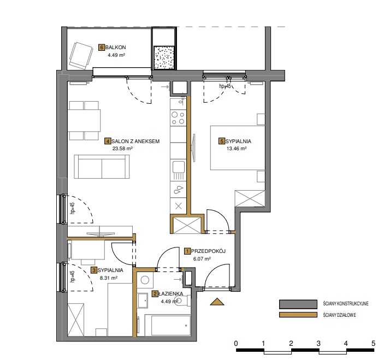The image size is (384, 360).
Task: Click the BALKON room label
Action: point(115,48)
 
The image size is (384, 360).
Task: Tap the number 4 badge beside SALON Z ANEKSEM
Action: point(108,141)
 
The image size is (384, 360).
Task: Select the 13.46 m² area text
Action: point(237,149)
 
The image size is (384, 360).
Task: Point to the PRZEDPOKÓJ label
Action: point(208,251)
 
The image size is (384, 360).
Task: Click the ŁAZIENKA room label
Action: point(170,294)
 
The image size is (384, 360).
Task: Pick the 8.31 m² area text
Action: point(109,278)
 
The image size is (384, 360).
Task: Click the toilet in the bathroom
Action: point(183,301)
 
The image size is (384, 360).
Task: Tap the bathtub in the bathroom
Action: point(168,325)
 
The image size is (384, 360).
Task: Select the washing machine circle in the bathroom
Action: point(145,280)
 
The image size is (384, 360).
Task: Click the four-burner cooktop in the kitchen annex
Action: point(178,118)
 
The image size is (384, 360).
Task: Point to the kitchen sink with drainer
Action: point(178,170)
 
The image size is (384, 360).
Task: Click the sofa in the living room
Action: point(102,167)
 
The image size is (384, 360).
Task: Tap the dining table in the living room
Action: point(85,121)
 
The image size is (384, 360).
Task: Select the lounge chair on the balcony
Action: point(81,56)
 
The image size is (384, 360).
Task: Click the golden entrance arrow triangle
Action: point(217,302)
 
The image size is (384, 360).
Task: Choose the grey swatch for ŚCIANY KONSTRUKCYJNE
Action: point(298,304)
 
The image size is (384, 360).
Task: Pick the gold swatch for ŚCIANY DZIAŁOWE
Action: point(298,315)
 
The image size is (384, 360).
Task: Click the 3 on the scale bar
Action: point(318,344)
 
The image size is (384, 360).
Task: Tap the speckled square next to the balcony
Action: point(164,57)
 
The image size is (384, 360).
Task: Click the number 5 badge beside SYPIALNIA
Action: point(222,141)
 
